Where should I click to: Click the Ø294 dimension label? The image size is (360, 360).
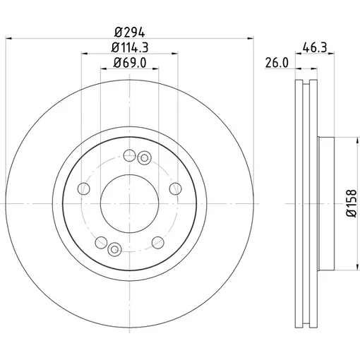(129, 32)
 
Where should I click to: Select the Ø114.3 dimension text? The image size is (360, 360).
(130, 47)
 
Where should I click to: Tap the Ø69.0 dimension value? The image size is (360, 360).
(130, 63)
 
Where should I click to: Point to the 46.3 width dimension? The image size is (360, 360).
(315, 47)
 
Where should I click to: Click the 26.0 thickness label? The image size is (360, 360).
(277, 63)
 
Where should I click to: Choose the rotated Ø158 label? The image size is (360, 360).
(352, 203)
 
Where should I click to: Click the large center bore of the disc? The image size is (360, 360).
(129, 203)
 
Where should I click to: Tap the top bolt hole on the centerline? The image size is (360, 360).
(129, 155)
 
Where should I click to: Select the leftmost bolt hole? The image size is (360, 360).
(83, 188)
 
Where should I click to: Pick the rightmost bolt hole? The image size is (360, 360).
(175, 188)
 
